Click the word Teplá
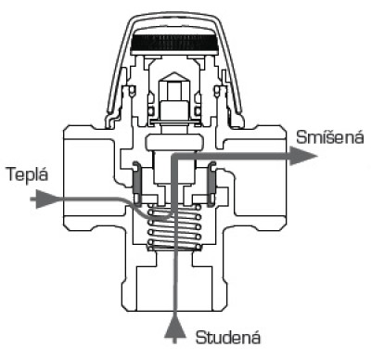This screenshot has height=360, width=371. click(28, 175)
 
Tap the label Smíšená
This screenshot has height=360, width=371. click(330, 137)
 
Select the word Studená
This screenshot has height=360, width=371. click(228, 337)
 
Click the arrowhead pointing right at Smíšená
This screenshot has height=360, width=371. click(303, 156)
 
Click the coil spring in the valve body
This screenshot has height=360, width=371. click(174, 226)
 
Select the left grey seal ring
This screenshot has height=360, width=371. click(136, 181)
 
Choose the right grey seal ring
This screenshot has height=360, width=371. click(211, 181)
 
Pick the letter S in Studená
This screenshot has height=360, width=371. click(200, 338)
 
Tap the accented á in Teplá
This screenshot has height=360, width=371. click(44, 174)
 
